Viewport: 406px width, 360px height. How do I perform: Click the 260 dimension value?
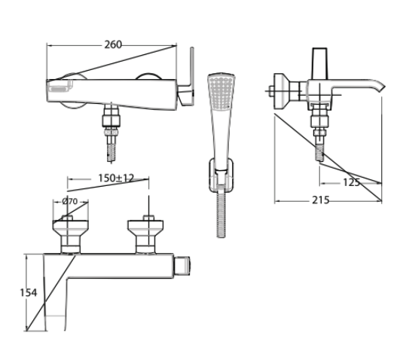113,44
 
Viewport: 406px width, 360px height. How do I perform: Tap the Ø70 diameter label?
70,201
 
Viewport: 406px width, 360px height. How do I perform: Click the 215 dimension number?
320,200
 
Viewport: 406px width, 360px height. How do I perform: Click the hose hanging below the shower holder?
221,215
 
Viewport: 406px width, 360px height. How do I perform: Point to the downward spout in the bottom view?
57,301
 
